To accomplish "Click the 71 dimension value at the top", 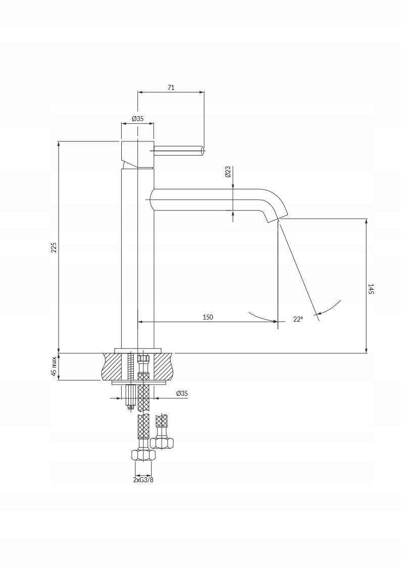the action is point(171,87).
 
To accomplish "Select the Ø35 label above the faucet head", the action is point(137,118).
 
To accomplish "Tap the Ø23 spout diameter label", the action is point(228,172).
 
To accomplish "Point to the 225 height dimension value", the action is point(54,247).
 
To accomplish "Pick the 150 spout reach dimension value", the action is point(208,317).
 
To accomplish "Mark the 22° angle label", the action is point(298,319).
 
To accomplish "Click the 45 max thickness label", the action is point(54,366).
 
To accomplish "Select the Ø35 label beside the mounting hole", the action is point(182,393).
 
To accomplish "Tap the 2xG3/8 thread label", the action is point(143,480).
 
